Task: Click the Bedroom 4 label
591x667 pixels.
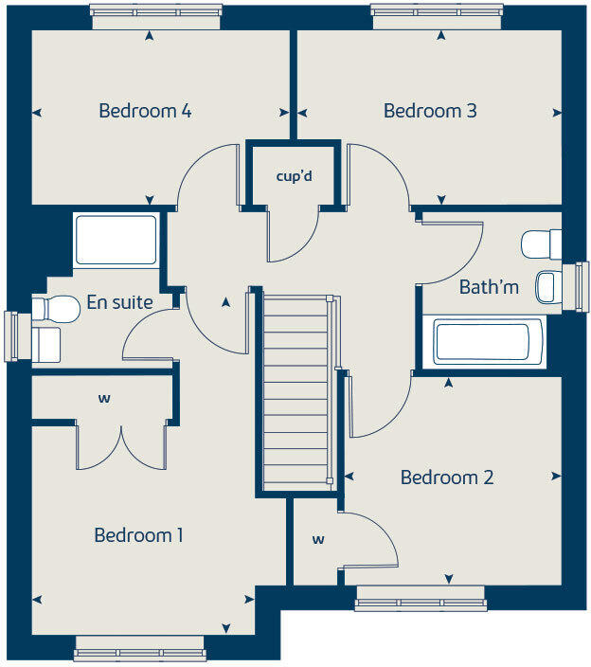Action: (x=145, y=111)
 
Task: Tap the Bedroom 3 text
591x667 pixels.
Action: (x=429, y=111)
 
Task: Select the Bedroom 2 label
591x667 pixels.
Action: (x=446, y=478)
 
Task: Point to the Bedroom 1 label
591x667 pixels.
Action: (x=138, y=535)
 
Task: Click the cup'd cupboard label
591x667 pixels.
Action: (x=293, y=176)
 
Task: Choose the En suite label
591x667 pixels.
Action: (x=119, y=302)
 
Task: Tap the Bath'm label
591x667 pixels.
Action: (x=489, y=286)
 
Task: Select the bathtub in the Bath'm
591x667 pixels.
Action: (x=488, y=342)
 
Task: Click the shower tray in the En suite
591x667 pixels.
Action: (x=116, y=241)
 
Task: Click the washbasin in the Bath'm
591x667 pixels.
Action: (x=548, y=286)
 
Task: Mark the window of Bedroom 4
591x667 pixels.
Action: (x=157, y=11)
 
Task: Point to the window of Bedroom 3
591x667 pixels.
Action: (x=437, y=11)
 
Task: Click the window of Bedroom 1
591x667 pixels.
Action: (x=139, y=654)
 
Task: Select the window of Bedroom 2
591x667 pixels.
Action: (x=420, y=598)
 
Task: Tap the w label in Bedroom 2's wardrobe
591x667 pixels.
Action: (x=318, y=540)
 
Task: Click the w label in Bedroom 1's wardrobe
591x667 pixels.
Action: (x=103, y=399)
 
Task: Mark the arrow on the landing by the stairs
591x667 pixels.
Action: (x=224, y=303)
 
